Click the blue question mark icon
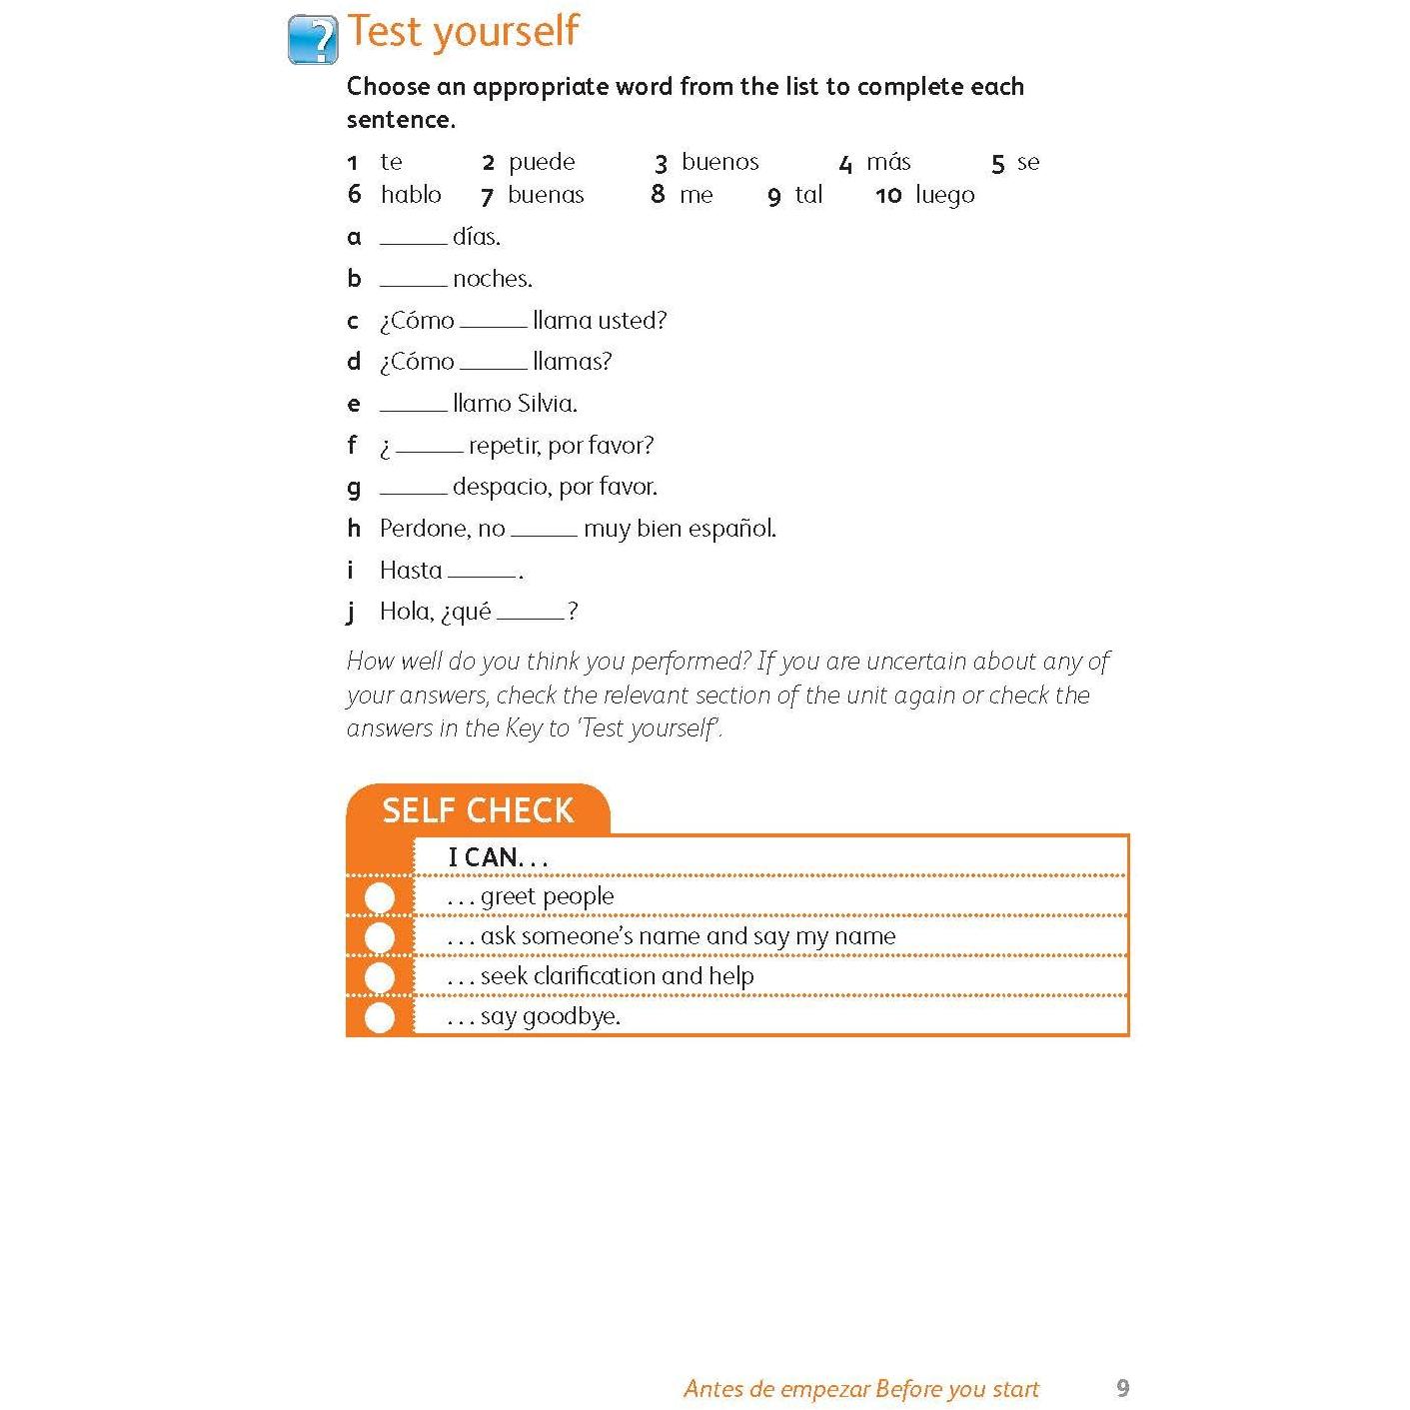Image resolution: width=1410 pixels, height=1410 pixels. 313,40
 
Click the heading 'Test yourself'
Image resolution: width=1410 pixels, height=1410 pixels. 463,31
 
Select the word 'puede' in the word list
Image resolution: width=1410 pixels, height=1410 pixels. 542,162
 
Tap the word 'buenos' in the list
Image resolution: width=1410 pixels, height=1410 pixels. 719,162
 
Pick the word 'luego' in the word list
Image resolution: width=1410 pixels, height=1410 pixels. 944,195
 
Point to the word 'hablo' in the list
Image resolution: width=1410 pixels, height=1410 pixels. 411,195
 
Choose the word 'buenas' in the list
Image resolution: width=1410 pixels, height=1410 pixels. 546,195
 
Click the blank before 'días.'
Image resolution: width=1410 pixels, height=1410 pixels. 413,239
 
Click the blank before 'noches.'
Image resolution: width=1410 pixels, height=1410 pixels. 413,281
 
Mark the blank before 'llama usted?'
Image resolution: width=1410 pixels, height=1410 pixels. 493,323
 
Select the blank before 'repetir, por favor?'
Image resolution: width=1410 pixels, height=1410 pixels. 429,448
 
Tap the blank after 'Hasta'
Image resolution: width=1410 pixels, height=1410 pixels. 482,573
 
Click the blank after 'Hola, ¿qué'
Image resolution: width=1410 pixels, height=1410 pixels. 530,614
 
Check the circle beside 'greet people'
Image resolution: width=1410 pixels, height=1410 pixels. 380,897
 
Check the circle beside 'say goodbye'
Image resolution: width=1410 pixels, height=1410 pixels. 380,1017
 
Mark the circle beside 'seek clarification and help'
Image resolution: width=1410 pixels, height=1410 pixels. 380,977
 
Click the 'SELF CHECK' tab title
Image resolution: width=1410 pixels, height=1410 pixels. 478,810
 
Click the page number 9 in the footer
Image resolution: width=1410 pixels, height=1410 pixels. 1122,1388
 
